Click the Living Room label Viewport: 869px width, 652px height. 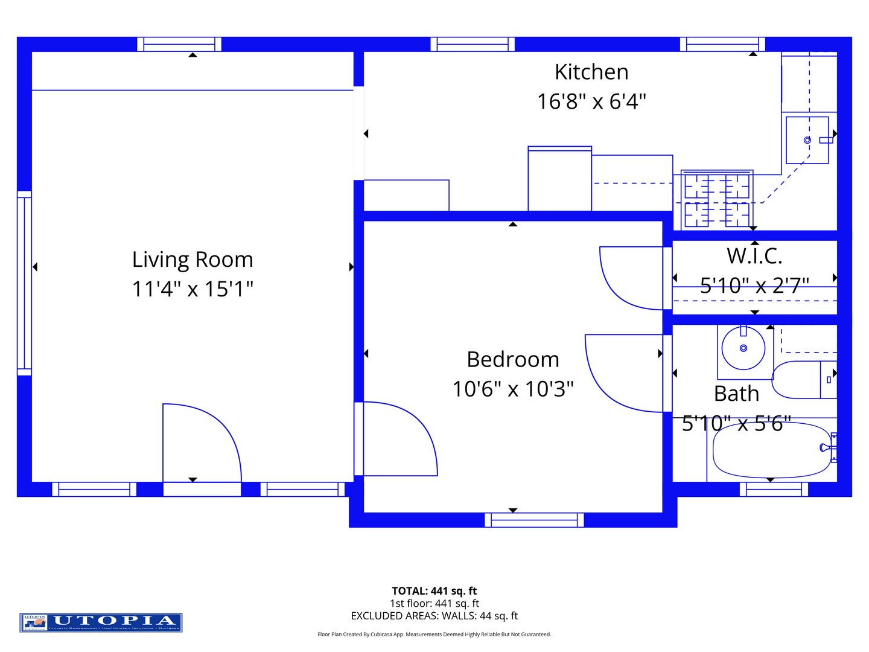[193, 260]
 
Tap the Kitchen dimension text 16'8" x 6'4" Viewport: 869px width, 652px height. [591, 101]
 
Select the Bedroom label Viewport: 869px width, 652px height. [513, 360]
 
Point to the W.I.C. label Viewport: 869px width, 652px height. [754, 256]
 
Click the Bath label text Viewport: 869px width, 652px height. [736, 394]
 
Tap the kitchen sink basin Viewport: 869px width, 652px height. [807, 140]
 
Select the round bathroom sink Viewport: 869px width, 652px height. [743, 348]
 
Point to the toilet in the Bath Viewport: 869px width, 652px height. [803, 380]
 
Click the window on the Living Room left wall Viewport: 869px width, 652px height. [24, 283]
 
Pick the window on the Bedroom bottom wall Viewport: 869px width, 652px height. [534, 520]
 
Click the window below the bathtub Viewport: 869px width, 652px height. [774, 489]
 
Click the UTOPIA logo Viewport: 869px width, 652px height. [101, 622]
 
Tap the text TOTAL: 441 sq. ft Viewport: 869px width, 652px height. [434, 591]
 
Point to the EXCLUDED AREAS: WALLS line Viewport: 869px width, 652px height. [434, 616]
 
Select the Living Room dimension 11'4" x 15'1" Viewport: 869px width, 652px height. [193, 289]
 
